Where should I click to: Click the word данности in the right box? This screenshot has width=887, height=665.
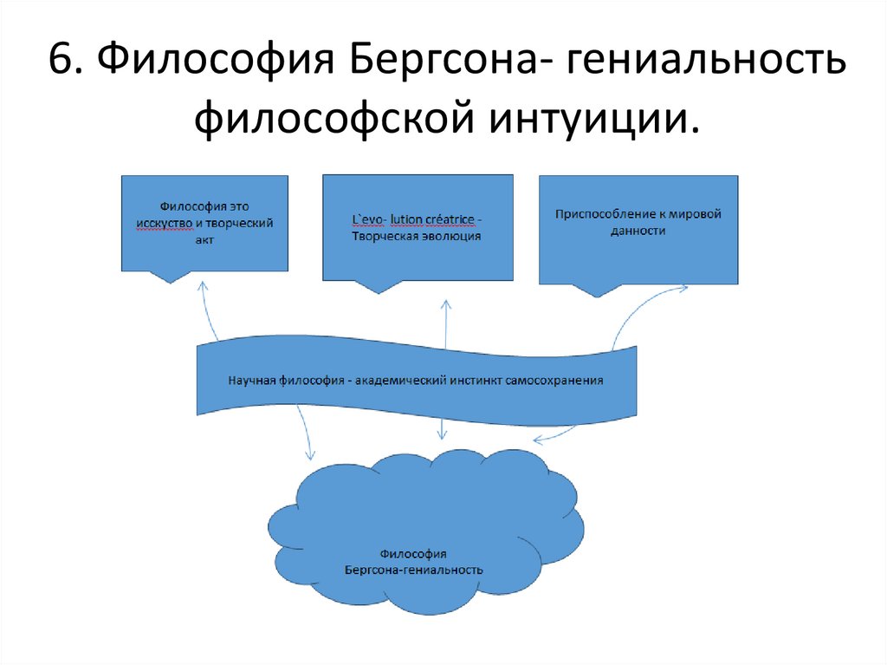638,231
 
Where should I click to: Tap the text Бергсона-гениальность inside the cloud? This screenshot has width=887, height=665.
414,570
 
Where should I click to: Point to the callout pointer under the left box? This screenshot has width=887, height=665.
169,276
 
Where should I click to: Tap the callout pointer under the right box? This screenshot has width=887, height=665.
598,290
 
